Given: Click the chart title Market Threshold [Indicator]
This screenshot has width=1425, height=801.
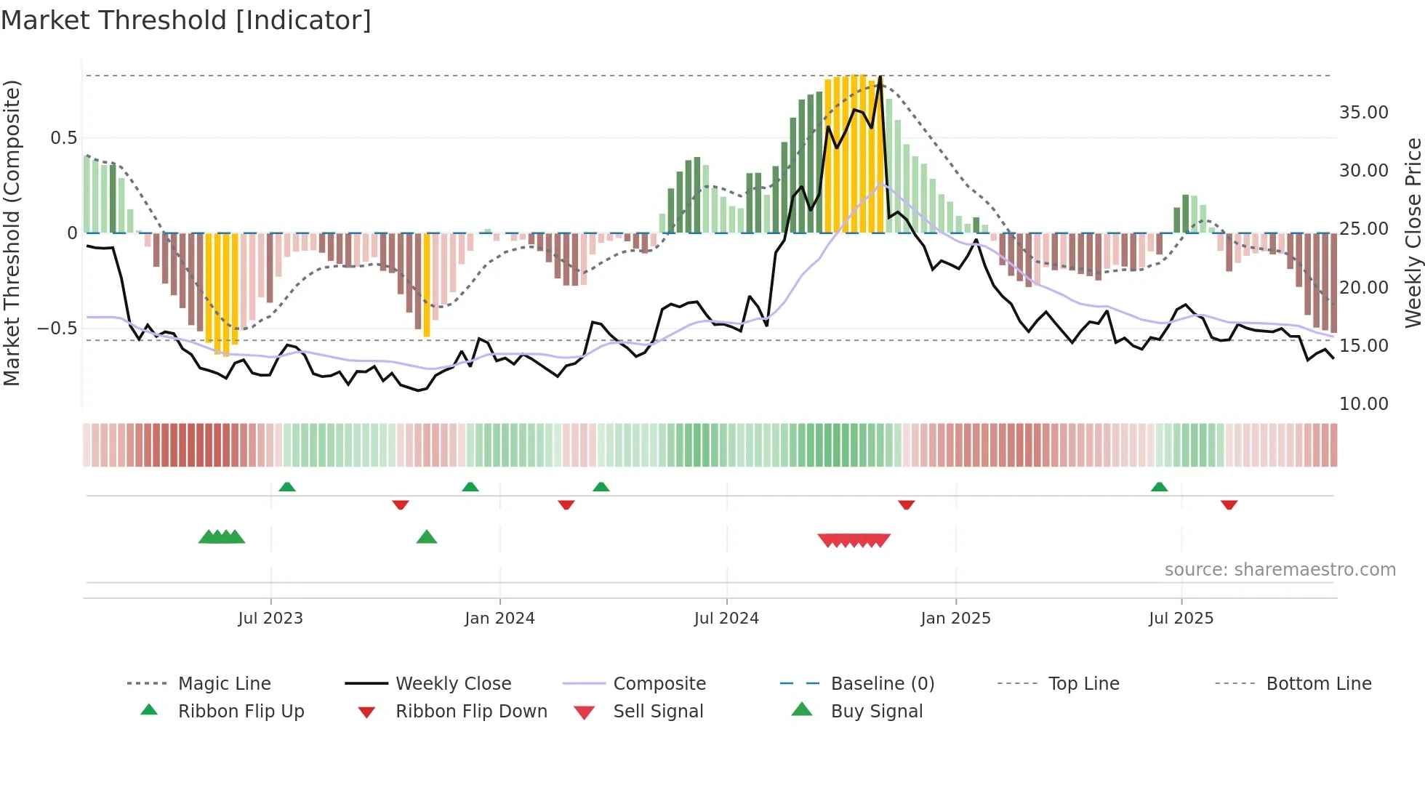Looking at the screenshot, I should pos(186,20).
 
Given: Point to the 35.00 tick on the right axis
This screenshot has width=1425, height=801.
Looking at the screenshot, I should pos(1363,113).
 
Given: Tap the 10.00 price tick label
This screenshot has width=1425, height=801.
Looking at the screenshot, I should pos(1363,404).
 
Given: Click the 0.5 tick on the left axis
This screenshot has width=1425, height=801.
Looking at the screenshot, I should pos(63,138).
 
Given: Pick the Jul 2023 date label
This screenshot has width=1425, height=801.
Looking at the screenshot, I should pos(270,619).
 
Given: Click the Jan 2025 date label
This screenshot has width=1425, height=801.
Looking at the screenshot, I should pos(955,619).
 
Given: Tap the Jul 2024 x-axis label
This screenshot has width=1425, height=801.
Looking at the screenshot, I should pos(726,619).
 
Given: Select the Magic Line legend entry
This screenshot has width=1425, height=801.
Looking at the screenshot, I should pos(224,684).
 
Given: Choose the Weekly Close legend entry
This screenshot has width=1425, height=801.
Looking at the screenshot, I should pos(453,684).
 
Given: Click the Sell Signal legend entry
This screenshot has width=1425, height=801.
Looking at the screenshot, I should pos(658,712).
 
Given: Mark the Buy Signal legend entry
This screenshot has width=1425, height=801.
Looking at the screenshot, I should pos(876,712).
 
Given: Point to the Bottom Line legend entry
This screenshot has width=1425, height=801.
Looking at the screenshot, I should pos(1318,684).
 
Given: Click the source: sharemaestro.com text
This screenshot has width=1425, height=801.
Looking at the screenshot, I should pos(1280,570).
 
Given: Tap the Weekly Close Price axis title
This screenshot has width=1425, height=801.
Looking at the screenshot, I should pos(1413,233).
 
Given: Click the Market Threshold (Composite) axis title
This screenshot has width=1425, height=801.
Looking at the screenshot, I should pos(12,233).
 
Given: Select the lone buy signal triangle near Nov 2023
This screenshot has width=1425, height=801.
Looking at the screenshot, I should pos(427,537).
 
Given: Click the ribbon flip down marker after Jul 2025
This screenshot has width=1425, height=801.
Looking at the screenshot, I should pos(1229,504).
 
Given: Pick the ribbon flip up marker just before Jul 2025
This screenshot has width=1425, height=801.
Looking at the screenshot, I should pos(1159,487).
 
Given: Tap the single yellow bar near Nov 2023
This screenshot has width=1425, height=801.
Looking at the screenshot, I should pos(427,285).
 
